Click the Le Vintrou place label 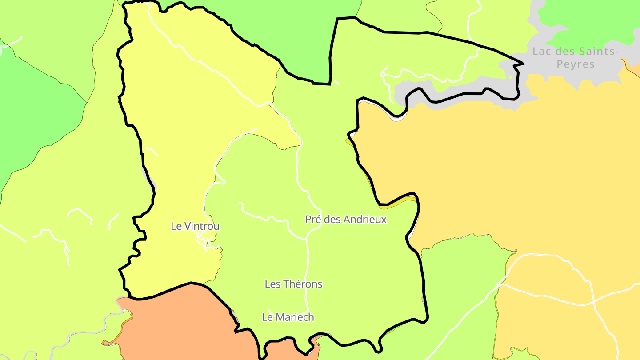click(x=195, y=226)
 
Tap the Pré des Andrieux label click(x=346, y=219)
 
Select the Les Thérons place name click(x=293, y=284)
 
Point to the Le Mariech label click(x=288, y=317)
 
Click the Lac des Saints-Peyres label click(x=576, y=58)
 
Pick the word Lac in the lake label click(x=541, y=52)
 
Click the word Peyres click(x=576, y=64)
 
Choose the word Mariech click(x=295, y=317)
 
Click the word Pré click(x=312, y=219)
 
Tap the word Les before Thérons click(x=272, y=284)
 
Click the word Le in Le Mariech click(x=268, y=317)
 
